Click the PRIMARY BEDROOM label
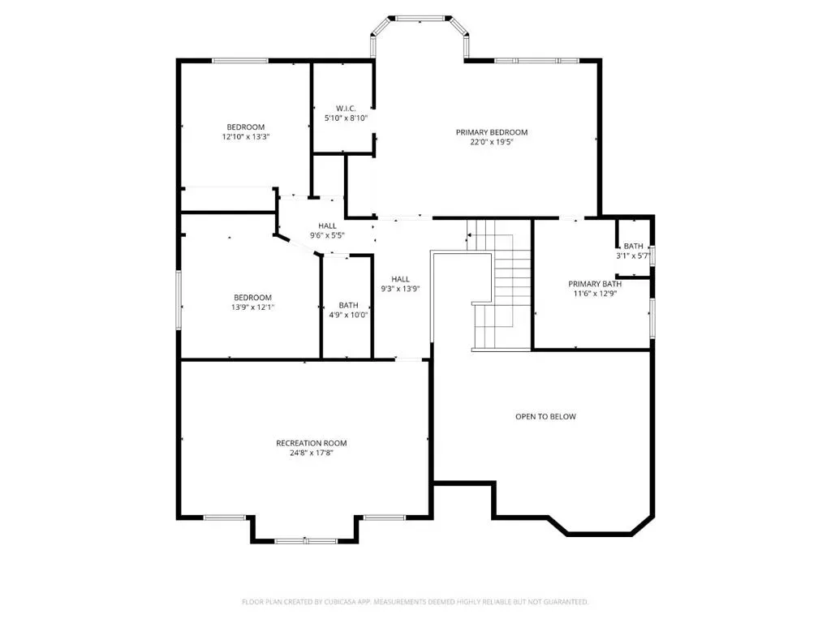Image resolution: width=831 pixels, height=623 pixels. [492, 132]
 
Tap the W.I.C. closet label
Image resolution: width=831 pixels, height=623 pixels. [346, 109]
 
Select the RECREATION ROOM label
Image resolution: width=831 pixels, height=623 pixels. [312, 443]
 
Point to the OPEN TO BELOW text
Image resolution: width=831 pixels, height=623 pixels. [545, 416]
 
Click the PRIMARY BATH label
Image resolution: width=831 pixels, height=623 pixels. [595, 284]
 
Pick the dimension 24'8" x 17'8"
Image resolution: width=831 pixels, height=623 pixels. [312, 453]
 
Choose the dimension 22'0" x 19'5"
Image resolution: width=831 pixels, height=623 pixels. [492, 142]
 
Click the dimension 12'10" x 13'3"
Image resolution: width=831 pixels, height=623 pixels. [246, 136]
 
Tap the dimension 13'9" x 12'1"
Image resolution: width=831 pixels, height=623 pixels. [253, 307]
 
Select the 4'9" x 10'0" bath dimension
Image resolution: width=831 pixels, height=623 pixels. [348, 315]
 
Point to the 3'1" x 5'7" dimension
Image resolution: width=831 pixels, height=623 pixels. [633, 256]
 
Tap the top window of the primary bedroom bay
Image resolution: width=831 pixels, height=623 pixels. [420, 19]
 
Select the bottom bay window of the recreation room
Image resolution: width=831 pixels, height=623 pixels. [305, 541]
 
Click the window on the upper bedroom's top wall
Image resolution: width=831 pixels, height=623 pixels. [240, 61]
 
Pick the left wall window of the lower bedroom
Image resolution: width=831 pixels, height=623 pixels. [179, 300]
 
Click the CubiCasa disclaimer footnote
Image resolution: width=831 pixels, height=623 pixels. [415, 602]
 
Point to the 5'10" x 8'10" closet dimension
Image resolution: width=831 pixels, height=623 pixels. [346, 118]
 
